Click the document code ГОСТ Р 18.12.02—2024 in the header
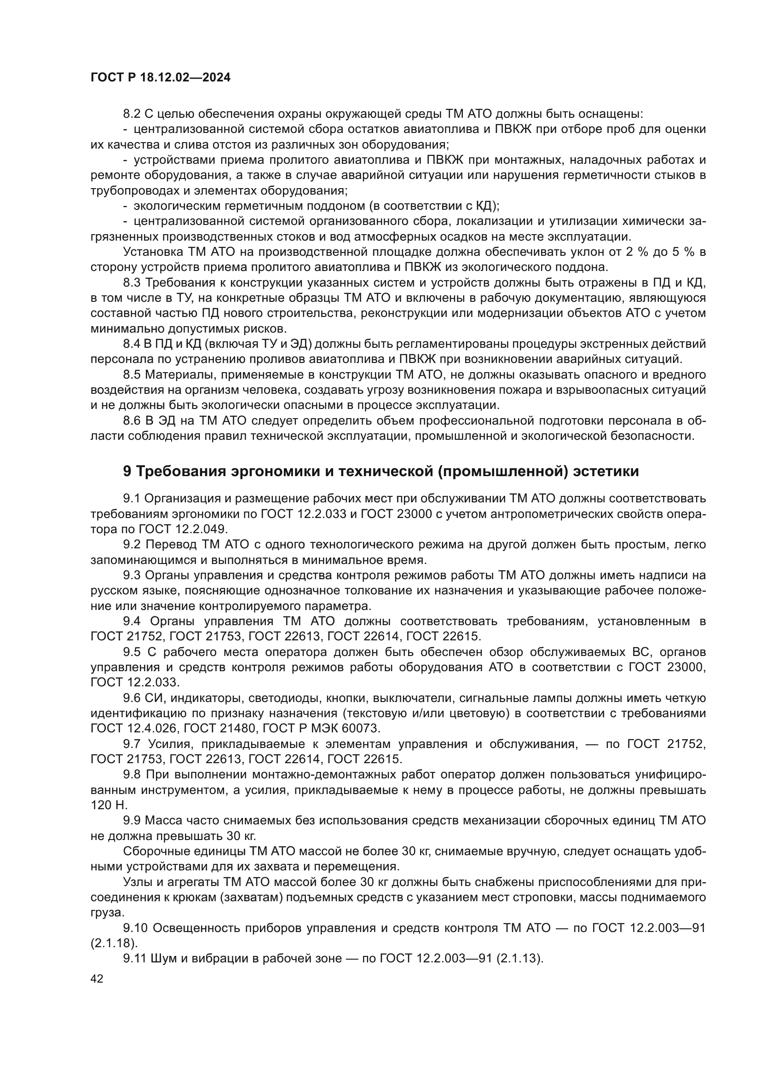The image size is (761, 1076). (160, 78)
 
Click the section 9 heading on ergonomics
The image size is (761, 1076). (380, 471)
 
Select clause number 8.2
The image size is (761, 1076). (132, 114)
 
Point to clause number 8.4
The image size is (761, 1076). (132, 344)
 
